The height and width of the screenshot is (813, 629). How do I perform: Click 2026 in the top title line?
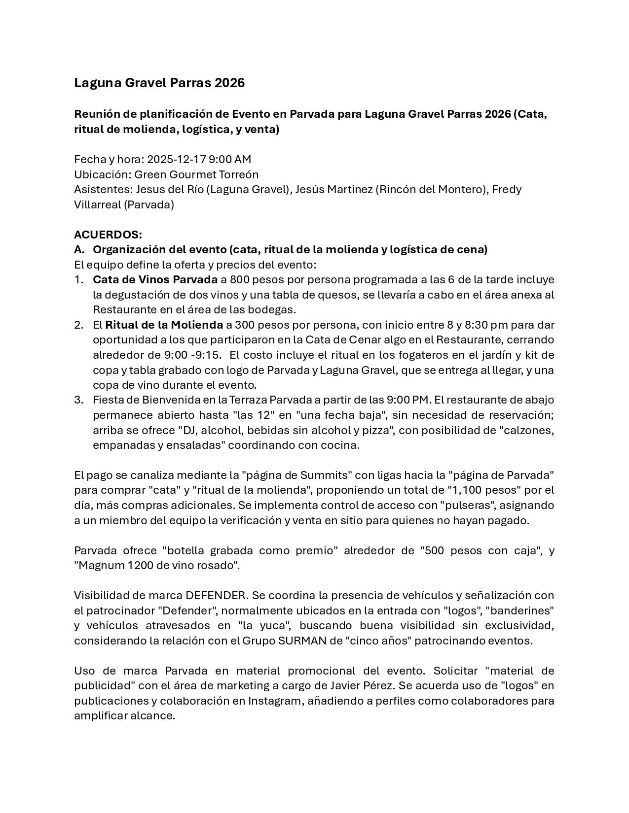[229, 83]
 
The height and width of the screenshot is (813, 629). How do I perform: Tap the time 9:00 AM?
[230, 159]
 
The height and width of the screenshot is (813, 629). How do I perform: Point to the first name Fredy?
[507, 189]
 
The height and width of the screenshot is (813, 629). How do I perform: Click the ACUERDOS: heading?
[108, 235]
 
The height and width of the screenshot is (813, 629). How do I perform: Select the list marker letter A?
[78, 250]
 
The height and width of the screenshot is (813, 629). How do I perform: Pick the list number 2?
[78, 325]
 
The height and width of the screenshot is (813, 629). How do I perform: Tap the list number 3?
[78, 400]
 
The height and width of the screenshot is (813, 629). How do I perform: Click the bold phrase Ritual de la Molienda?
[164, 325]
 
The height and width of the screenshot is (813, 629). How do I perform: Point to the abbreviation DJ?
[188, 430]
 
